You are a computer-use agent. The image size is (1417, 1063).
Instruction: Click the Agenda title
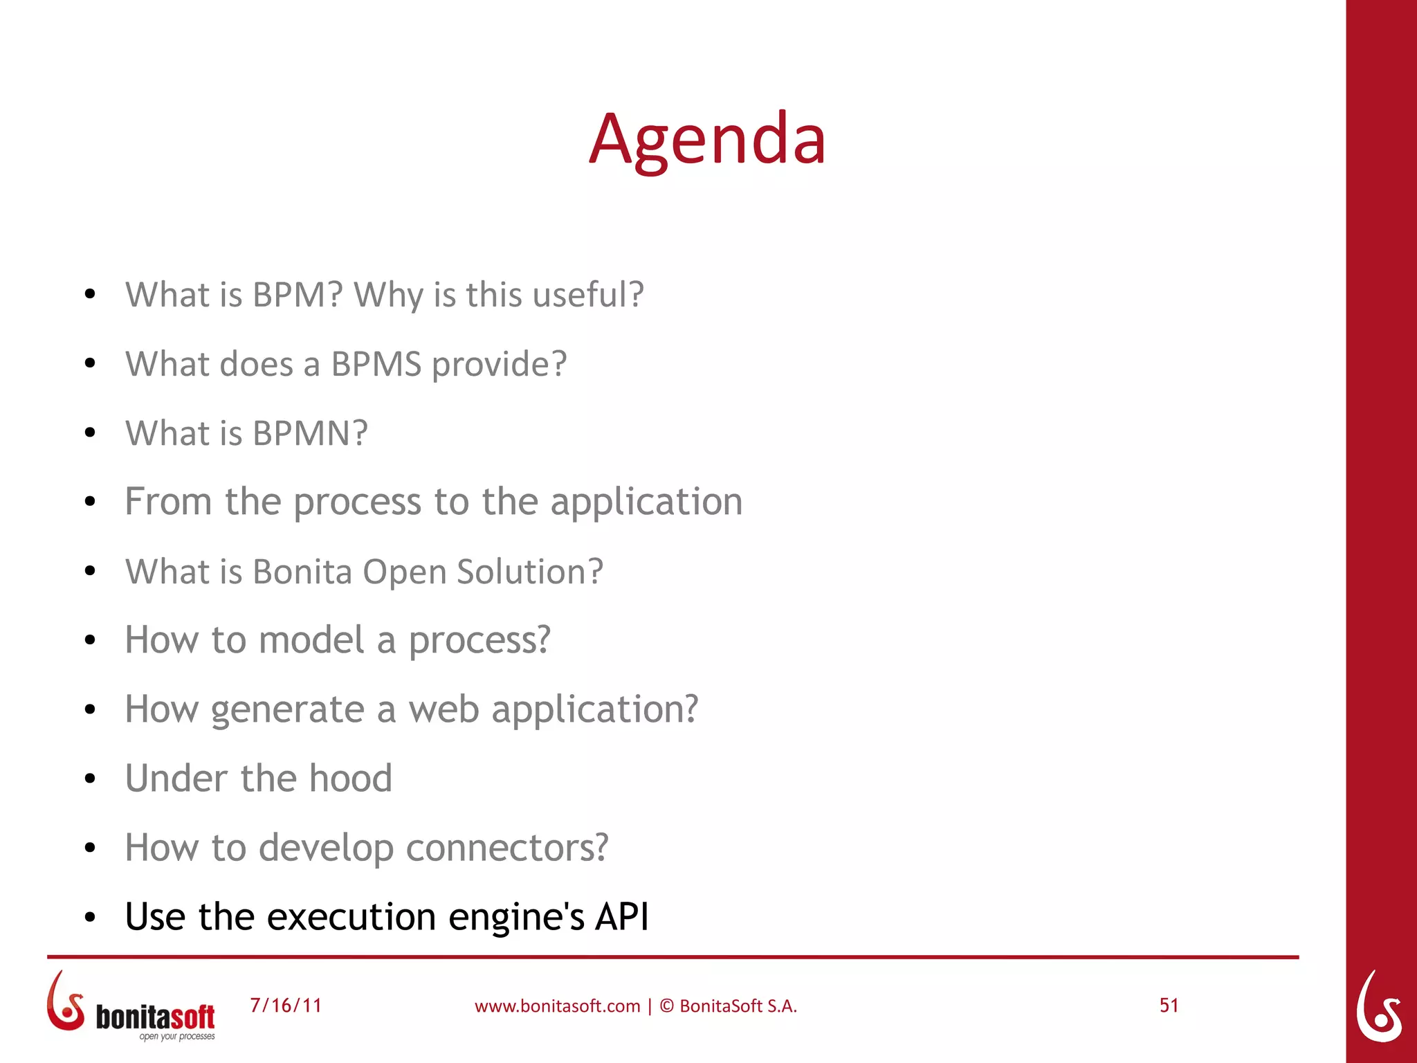pyautogui.click(x=707, y=140)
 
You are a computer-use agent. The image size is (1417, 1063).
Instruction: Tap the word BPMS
pyautogui.click(x=376, y=364)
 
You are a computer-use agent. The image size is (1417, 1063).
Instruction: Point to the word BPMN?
pyautogui.click(x=310, y=433)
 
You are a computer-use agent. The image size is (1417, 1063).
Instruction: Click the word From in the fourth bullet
pyautogui.click(x=168, y=501)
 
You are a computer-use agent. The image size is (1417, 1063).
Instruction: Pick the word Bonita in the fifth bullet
pyautogui.click(x=302, y=572)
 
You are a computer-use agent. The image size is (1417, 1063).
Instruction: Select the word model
pyautogui.click(x=311, y=639)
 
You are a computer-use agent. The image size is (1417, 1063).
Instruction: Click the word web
pyautogui.click(x=444, y=710)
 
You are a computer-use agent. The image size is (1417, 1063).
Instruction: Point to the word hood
pyautogui.click(x=350, y=778)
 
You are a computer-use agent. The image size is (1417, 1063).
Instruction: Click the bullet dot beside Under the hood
pyautogui.click(x=89, y=779)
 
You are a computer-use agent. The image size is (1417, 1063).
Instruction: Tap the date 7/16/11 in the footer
pyautogui.click(x=286, y=1006)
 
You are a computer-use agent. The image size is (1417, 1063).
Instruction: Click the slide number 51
pyautogui.click(x=1169, y=1006)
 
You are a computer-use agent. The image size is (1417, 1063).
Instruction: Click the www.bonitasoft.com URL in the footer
pyautogui.click(x=557, y=1006)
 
